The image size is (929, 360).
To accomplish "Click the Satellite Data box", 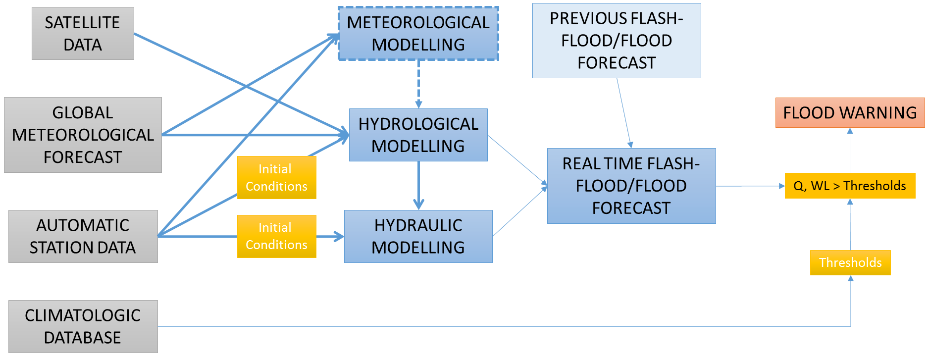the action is (x=83, y=33).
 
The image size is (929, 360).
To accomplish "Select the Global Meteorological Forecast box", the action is (x=83, y=135).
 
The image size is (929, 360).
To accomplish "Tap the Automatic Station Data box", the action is (x=83, y=236).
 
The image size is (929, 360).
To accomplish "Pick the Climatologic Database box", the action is (x=83, y=326).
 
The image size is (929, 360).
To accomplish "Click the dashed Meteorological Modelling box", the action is (x=418, y=33).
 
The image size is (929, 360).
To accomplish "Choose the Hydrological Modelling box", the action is (x=418, y=135).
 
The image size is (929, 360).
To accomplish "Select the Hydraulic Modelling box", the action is (x=418, y=236).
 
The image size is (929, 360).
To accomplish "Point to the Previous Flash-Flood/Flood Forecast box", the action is (x=617, y=41).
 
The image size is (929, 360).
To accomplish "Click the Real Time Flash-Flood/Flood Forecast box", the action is (x=631, y=186).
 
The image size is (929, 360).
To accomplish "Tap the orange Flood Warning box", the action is (x=850, y=112).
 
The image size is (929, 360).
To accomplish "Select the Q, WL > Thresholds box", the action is (x=850, y=186).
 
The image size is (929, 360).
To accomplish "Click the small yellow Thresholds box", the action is (x=850, y=262).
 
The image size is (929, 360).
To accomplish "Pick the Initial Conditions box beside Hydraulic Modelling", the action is (x=276, y=236).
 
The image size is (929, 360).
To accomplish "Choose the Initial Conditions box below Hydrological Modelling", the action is (x=276, y=178).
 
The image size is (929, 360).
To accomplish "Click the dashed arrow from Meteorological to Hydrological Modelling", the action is (x=418, y=84).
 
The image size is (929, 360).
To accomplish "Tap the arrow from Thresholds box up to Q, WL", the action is (x=850, y=224).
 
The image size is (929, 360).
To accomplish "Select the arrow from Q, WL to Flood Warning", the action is (x=850, y=151).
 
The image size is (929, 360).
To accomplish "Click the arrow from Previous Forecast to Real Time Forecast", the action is (x=624, y=113).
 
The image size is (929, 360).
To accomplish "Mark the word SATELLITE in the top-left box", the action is (x=82, y=22).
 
